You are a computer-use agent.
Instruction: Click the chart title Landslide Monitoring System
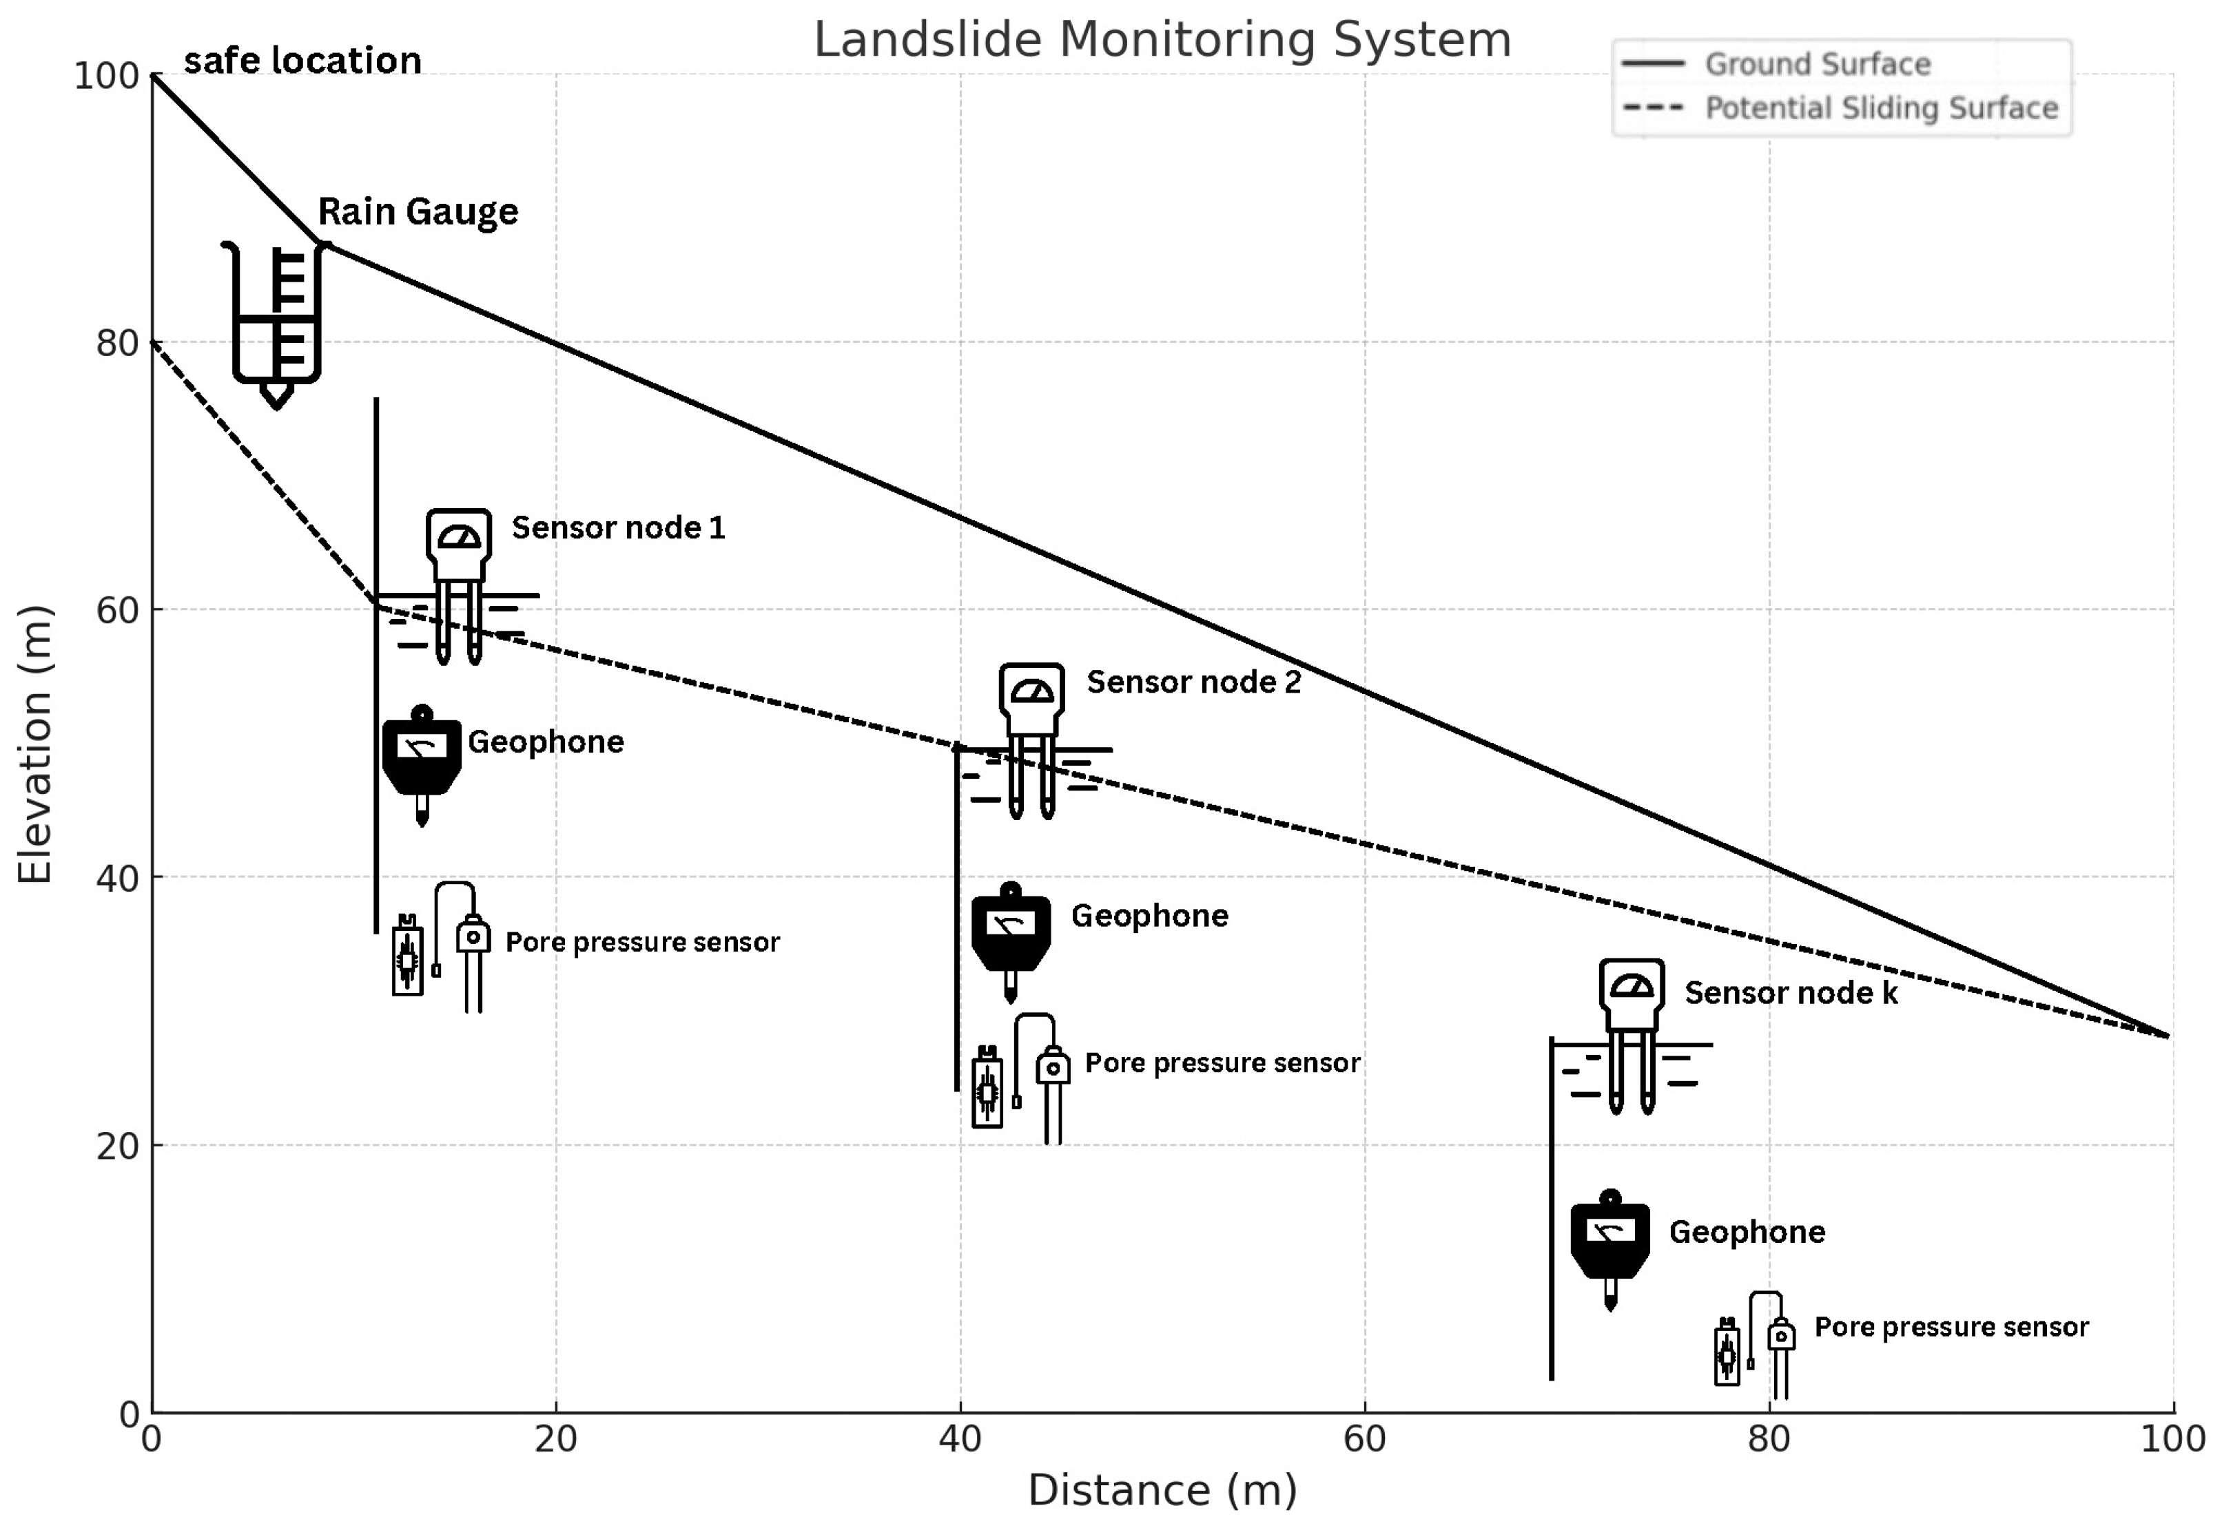1162,40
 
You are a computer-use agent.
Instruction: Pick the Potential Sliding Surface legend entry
1880,107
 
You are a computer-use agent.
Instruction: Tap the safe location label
302,61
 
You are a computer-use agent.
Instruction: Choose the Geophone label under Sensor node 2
1149,916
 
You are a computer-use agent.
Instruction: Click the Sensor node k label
1791,992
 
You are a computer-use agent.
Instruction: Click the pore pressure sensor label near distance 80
1951,1327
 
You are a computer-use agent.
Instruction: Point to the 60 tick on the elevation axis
117,609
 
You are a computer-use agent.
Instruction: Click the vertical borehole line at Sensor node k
1552,1208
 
